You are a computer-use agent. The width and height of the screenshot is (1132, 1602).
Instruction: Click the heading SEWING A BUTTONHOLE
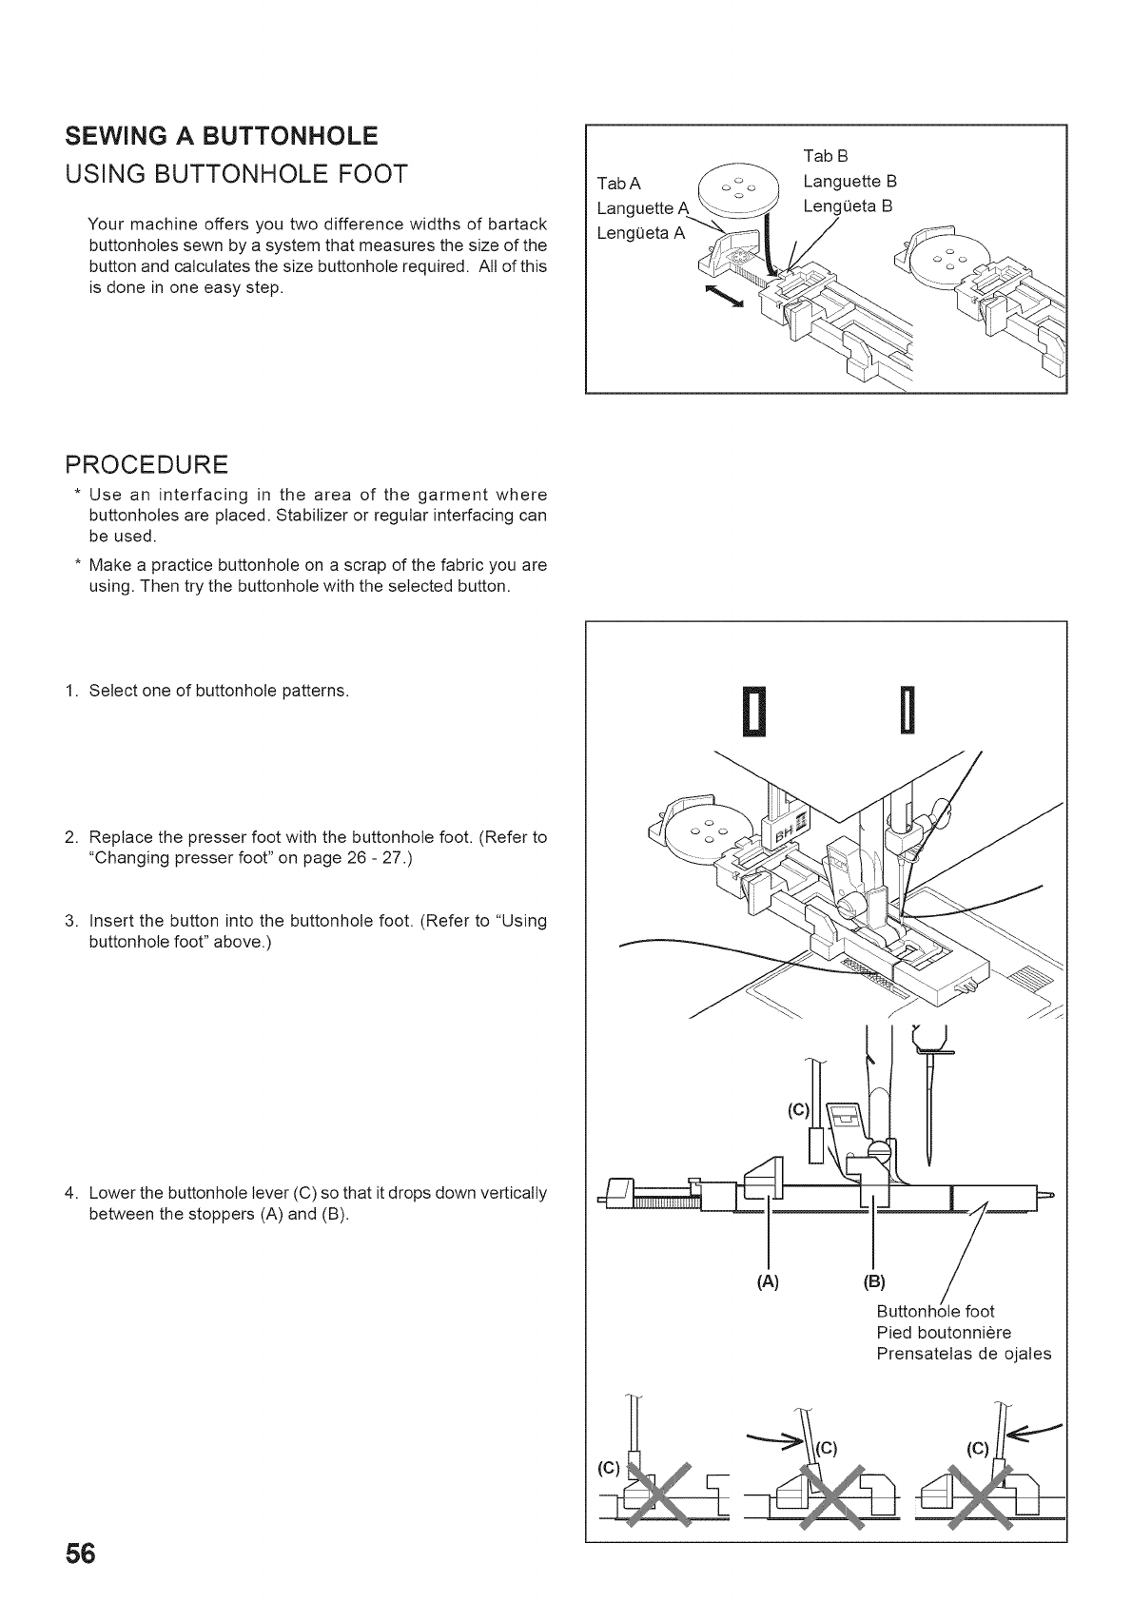tap(221, 135)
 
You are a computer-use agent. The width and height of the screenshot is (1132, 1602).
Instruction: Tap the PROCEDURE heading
tap(146, 464)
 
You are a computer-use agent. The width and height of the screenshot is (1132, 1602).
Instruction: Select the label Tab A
tap(618, 183)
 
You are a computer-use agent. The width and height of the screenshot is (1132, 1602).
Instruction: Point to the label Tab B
tap(825, 155)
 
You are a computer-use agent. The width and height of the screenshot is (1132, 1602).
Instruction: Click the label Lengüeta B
tap(848, 205)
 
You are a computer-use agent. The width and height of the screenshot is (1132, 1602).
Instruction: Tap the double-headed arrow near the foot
tap(724, 295)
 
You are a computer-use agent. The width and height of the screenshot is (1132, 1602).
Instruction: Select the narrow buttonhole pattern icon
tap(908, 710)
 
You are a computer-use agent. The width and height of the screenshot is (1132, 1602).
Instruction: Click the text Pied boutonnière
tap(943, 1332)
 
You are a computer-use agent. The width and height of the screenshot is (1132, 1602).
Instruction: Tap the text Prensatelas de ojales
tap(963, 1353)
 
